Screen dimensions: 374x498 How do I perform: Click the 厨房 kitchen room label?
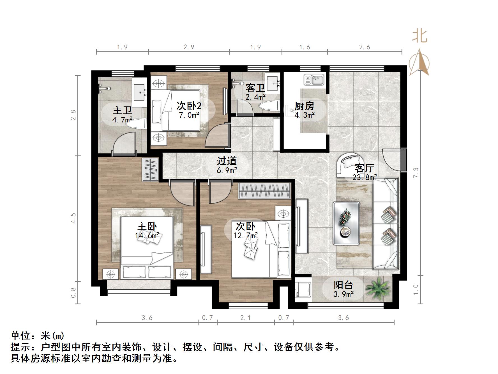pos(304,106)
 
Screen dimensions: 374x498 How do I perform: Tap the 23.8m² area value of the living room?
pos(365,177)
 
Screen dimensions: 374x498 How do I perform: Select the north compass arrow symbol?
pos(419,62)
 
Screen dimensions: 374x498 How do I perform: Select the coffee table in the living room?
pos(346,223)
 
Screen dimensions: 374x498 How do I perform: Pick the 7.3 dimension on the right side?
pos(416,172)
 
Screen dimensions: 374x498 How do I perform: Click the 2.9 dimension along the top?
pos(189,47)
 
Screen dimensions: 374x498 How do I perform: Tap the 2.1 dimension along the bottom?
pos(245,318)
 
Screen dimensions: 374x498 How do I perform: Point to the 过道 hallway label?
pos(227,161)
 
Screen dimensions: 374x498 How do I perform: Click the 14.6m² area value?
pos(147,235)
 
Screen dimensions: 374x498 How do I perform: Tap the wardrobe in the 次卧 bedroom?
pos(264,191)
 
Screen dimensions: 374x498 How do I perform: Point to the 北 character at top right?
pos(419,37)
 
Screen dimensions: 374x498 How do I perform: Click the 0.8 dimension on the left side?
pos(73,292)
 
